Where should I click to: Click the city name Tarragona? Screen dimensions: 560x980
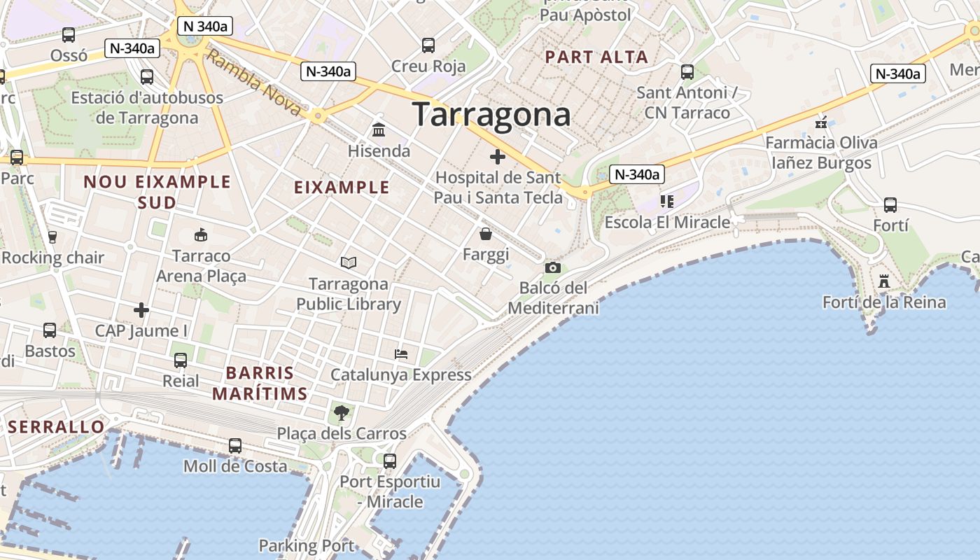[491, 114]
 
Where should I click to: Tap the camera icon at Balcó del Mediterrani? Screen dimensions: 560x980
[552, 267]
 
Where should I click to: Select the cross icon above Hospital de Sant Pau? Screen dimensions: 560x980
[497, 157]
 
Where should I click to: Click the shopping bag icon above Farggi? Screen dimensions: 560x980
[485, 234]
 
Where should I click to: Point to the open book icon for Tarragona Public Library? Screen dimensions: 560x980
[349, 262]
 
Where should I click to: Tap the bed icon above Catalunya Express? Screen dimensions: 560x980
[401, 353]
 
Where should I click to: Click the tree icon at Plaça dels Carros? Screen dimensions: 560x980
[341, 413]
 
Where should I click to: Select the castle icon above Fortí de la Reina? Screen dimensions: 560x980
[884, 281]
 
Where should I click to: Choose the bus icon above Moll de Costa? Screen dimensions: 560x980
[235, 446]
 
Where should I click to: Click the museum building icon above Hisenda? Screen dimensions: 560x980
[379, 130]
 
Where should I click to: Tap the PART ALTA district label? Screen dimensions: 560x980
[596, 57]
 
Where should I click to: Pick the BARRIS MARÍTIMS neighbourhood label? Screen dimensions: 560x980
[260, 383]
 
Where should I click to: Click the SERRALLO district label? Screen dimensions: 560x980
[56, 426]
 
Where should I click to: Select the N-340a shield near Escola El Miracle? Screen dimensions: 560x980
[636, 174]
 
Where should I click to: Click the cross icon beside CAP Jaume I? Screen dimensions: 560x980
[141, 309]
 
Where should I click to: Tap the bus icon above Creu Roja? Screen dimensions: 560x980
[428, 45]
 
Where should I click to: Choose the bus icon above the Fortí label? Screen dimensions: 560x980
[890, 205]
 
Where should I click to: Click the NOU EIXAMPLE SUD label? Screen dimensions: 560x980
[157, 192]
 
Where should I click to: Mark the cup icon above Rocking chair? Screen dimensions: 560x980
[52, 237]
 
